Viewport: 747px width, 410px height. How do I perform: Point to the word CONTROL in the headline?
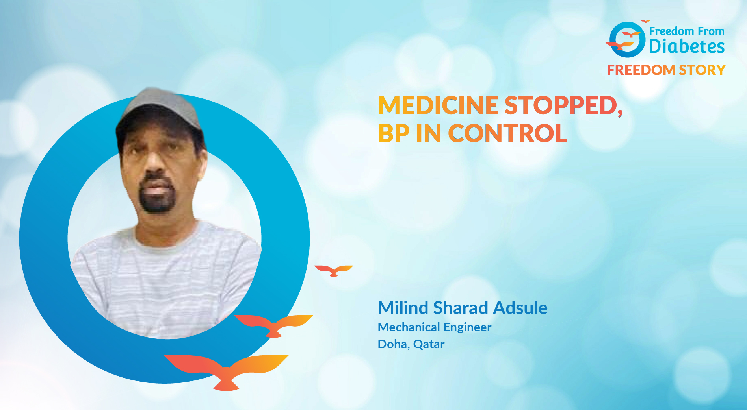pyautogui.click(x=507, y=133)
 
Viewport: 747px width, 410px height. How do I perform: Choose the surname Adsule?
pyautogui.click(x=520, y=308)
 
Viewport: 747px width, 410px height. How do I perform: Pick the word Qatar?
pyautogui.click(x=429, y=345)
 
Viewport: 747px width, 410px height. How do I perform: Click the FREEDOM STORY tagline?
pyautogui.click(x=666, y=70)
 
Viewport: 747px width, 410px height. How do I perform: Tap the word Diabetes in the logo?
pyautogui.click(x=687, y=46)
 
